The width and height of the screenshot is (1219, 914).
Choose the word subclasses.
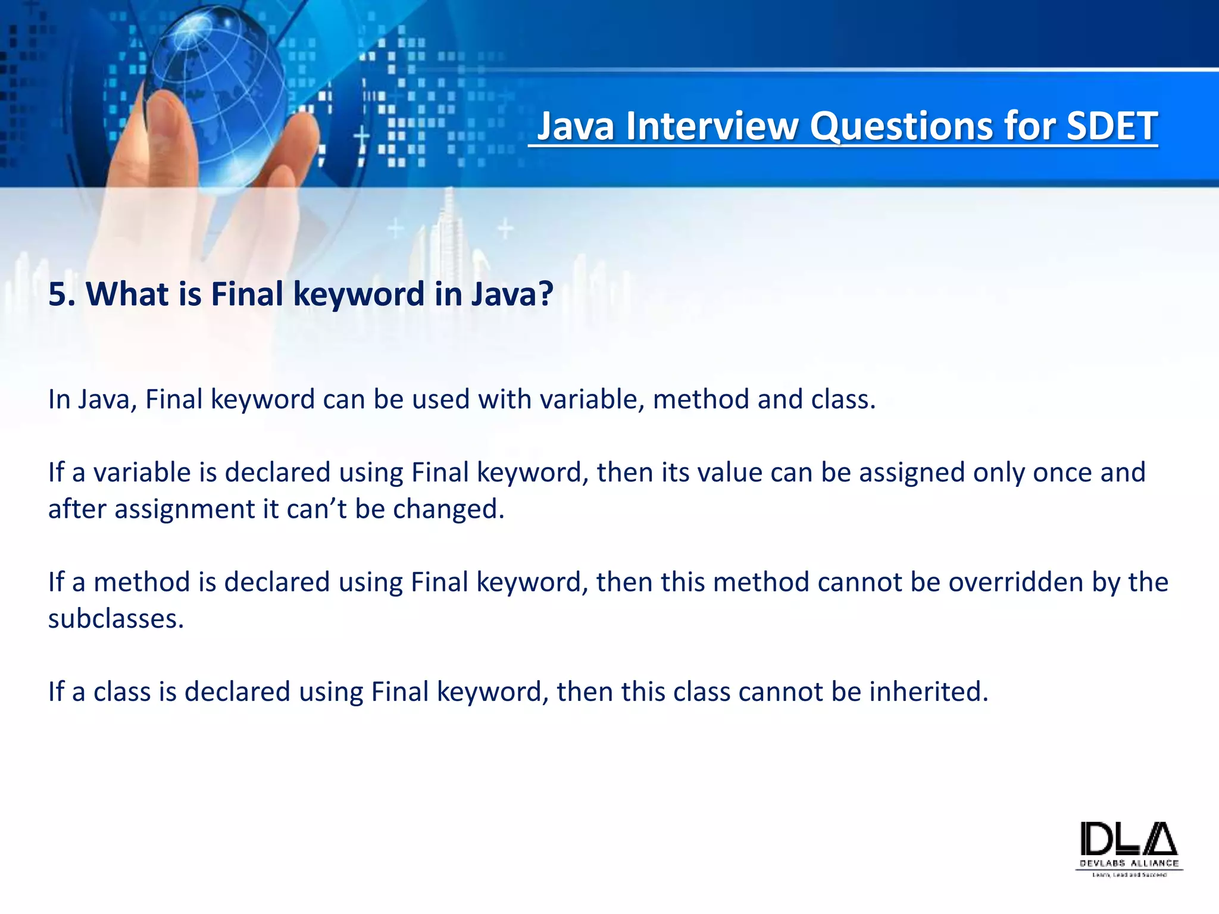coord(116,619)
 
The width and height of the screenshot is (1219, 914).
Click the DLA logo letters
coord(1129,839)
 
